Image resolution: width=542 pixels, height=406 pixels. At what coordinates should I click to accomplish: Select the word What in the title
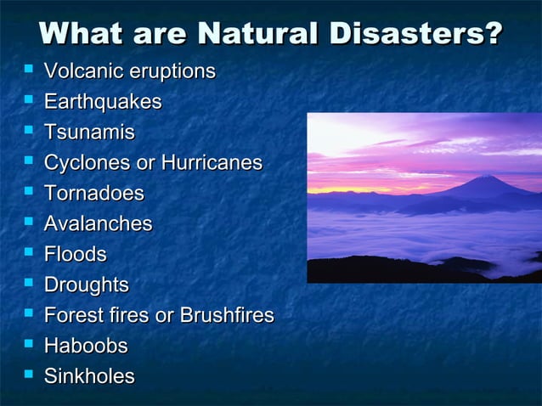coord(82,33)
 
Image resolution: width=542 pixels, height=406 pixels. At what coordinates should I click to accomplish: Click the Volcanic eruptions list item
coord(129,71)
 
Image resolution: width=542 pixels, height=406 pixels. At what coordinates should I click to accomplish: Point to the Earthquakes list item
coord(103,102)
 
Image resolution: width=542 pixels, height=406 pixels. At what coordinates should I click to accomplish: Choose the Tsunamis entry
coord(89,133)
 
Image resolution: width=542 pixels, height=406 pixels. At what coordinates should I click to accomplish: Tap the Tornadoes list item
coord(94,194)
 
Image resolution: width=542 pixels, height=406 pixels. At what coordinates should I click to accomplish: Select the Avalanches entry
coord(98,224)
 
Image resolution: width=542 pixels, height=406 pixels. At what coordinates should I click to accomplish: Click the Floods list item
coord(76,255)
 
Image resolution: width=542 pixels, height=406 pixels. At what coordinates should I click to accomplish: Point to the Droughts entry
coord(87,285)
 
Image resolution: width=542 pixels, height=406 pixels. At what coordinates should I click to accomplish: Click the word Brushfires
coord(226,316)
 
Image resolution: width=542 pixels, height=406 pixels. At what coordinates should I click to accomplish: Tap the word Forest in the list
coord(72,316)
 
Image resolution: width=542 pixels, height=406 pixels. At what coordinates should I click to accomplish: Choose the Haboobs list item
coord(86,347)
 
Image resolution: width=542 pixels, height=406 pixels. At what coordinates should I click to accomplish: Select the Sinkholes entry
coord(89,377)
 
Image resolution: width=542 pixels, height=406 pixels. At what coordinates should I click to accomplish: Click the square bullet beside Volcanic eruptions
coord(29,69)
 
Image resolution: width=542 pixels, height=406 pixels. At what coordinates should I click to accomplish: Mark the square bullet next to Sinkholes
coord(29,375)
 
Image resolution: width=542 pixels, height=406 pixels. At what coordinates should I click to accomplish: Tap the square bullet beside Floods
coord(29,252)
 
